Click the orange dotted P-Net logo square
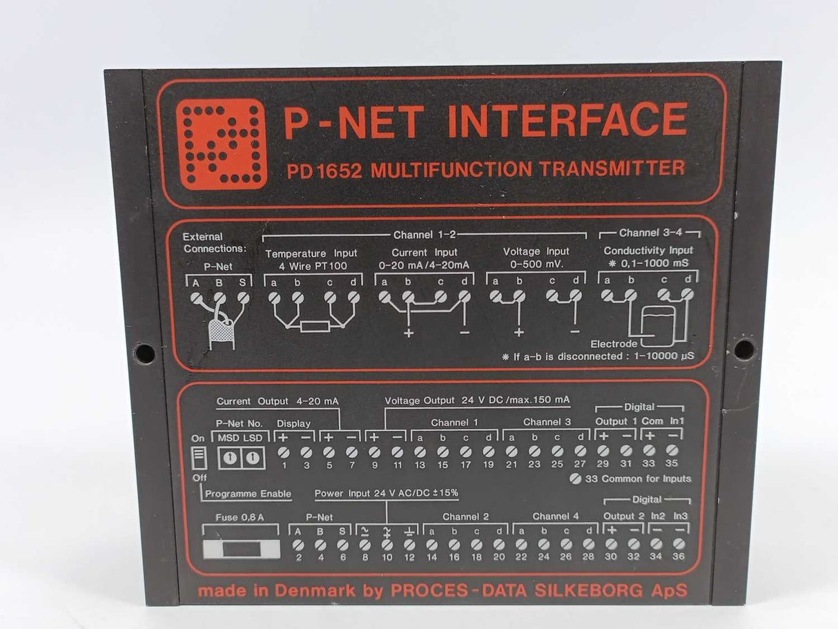coord(221,144)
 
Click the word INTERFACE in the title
coord(567,121)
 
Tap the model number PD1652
coord(324,170)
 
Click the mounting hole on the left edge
coord(145,353)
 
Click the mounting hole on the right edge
coord(743,349)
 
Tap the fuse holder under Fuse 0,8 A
coord(241,550)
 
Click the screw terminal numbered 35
coord(672,450)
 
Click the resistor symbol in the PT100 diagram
coord(314,326)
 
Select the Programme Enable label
coord(248,494)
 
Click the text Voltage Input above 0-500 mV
coord(536,252)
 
